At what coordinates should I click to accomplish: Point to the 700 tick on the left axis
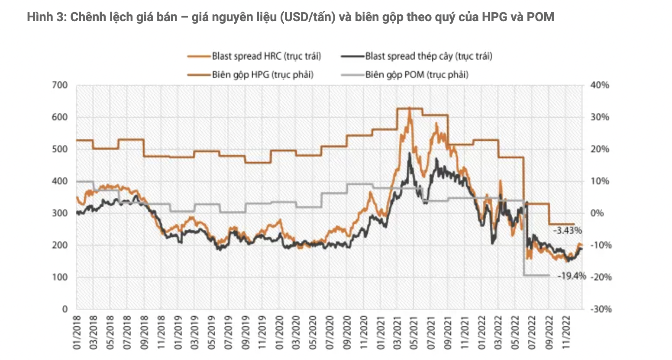point(61,85)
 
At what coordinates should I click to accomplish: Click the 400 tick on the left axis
point(61,181)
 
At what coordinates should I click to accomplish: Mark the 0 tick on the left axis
point(65,309)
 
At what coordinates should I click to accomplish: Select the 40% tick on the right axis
point(600,85)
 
